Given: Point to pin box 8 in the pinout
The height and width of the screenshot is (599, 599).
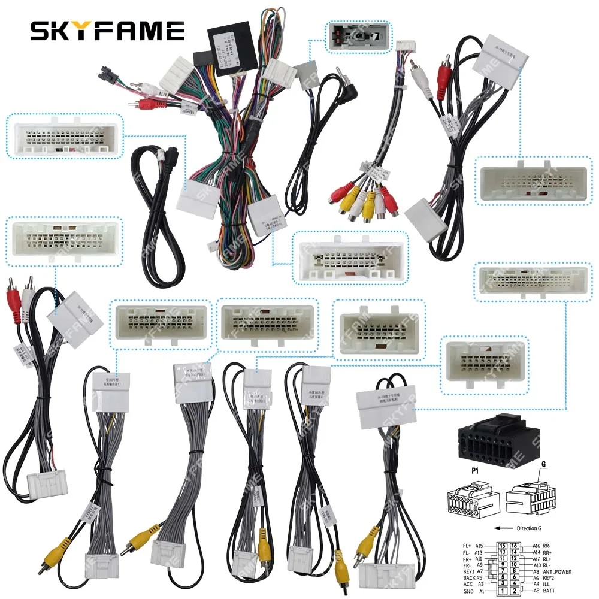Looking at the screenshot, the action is click(x=513, y=572).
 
